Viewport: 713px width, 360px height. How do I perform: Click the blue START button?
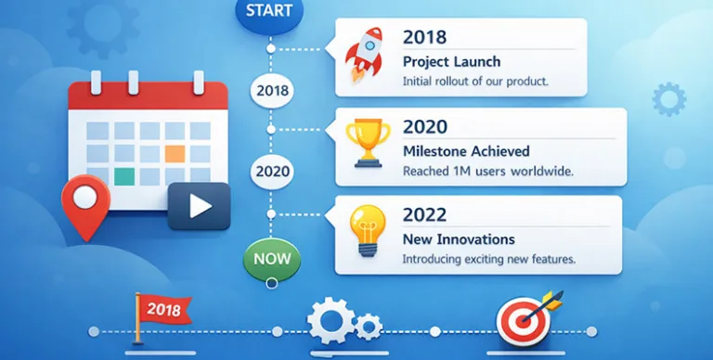pyautogui.click(x=270, y=12)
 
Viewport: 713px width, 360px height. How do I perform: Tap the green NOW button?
pyautogui.click(x=272, y=258)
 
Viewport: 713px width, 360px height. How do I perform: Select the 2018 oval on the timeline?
pyautogui.click(x=271, y=91)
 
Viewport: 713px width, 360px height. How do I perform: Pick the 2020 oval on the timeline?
pyautogui.click(x=271, y=171)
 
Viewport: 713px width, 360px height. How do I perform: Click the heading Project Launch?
pyautogui.click(x=451, y=61)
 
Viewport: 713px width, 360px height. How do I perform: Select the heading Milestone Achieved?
pyautogui.click(x=466, y=151)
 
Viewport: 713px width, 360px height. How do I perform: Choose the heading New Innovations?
pyautogui.click(x=460, y=239)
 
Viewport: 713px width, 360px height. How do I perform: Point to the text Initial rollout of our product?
pyautogui.click(x=475, y=82)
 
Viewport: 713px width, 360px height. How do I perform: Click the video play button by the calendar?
pyautogui.click(x=199, y=205)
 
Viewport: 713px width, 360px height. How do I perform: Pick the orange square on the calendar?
pyautogui.click(x=175, y=153)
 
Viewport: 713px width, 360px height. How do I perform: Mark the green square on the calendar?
pyautogui.click(x=123, y=175)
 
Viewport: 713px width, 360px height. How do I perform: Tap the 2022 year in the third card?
pyautogui.click(x=425, y=214)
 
